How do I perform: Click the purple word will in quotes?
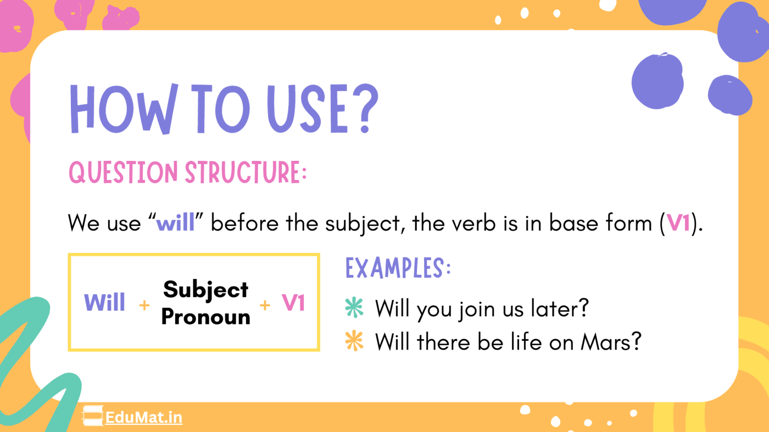tap(175, 223)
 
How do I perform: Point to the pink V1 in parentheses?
tap(679, 223)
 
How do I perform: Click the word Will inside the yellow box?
tap(104, 302)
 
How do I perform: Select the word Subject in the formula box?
tap(206, 289)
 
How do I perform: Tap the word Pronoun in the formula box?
tap(206, 317)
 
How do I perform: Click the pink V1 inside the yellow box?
tap(293, 302)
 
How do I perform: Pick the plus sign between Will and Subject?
tap(144, 305)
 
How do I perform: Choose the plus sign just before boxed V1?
tap(265, 305)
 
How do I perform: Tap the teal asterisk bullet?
tap(354, 308)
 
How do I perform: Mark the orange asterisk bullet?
tap(354, 342)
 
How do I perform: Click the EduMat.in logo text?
tap(143, 418)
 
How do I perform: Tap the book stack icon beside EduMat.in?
tap(93, 417)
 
